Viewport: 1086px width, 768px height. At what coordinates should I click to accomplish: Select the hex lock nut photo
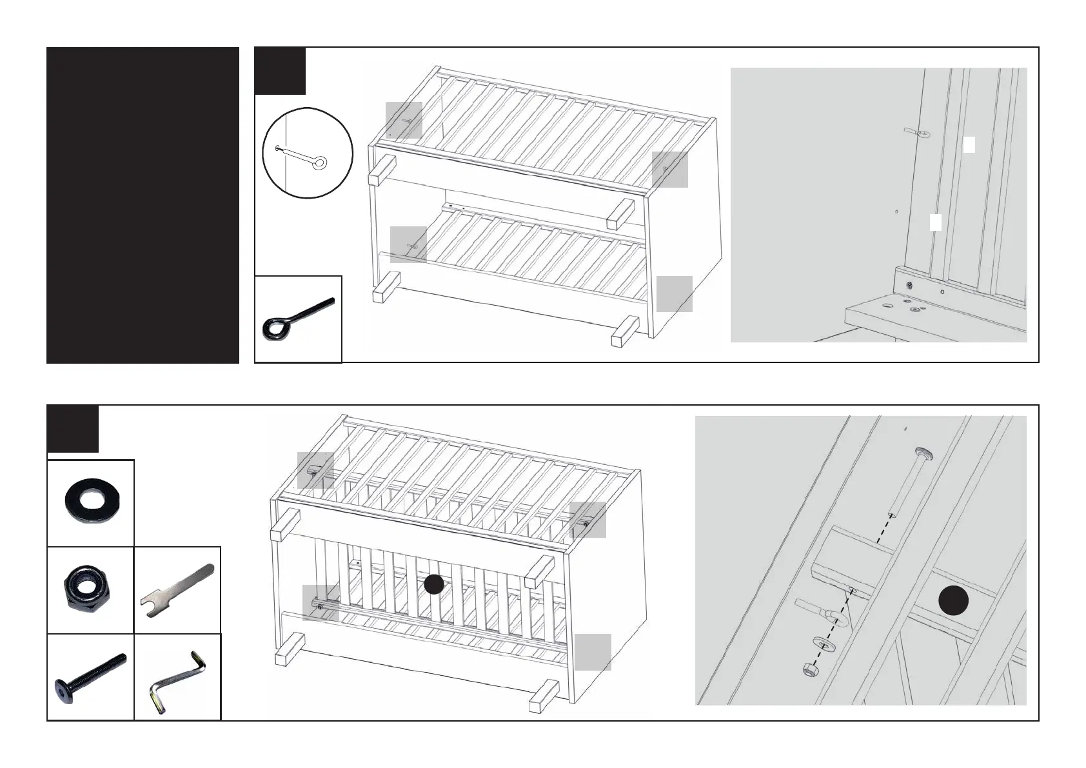(x=91, y=590)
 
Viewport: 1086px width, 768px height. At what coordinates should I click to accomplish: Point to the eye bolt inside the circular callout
(x=302, y=156)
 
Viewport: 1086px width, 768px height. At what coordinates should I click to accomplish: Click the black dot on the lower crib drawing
(x=434, y=585)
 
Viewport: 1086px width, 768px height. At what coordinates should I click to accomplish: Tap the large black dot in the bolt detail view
(x=954, y=601)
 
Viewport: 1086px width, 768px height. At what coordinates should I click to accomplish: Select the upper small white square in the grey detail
(x=969, y=144)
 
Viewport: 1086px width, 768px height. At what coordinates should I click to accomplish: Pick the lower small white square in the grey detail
(x=935, y=222)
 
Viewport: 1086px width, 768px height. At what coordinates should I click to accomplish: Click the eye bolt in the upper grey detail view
(x=916, y=132)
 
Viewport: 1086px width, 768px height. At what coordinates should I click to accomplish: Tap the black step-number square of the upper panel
(x=280, y=70)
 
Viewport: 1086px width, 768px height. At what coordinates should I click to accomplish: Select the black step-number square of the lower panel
(x=73, y=429)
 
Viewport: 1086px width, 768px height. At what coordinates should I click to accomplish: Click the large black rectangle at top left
(x=143, y=205)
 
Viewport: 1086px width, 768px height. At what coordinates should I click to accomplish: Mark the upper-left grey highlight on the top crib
(x=404, y=120)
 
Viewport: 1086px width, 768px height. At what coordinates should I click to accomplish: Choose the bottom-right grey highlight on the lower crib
(x=593, y=652)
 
